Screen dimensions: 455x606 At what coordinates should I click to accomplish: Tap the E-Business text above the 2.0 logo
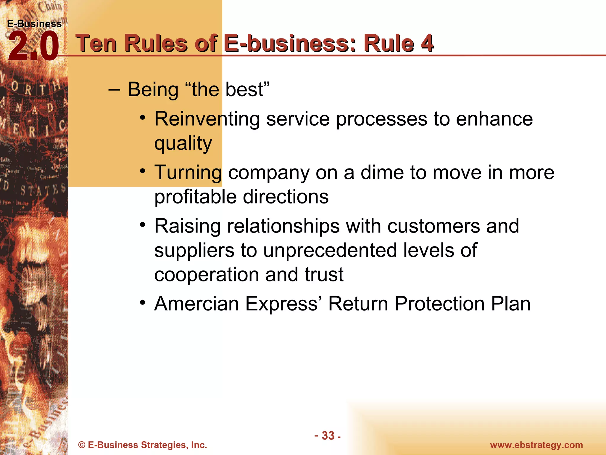[34, 24]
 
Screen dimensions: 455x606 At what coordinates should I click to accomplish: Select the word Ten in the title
[96, 44]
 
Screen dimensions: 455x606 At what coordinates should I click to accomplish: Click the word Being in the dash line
[153, 89]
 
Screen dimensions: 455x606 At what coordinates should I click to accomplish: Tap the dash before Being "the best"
[114, 89]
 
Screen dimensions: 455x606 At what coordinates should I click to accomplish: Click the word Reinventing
[207, 119]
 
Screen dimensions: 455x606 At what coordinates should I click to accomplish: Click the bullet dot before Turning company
[143, 171]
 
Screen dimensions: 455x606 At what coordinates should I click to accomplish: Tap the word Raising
[187, 226]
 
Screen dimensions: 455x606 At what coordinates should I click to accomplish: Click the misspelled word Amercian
[196, 304]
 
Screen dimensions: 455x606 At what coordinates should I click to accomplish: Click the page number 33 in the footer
[328, 436]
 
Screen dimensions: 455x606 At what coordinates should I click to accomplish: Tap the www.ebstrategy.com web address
[536, 445]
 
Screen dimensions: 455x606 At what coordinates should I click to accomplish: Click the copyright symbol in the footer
[82, 445]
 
